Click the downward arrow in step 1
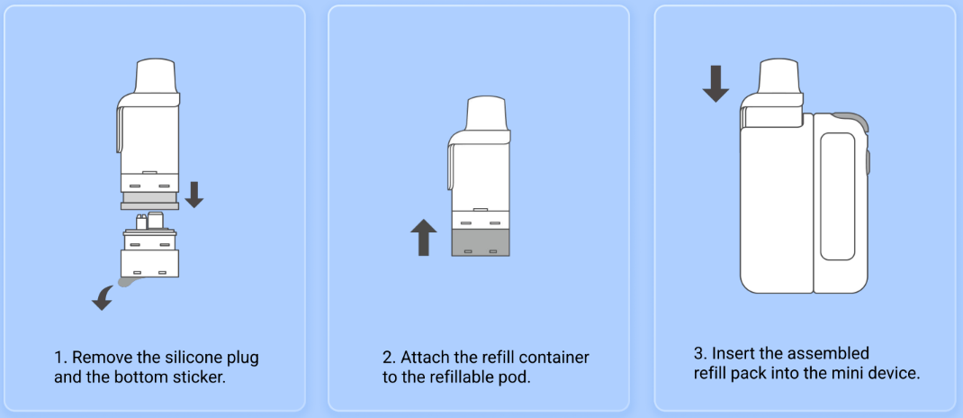click(x=194, y=195)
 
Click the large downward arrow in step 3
click(x=715, y=84)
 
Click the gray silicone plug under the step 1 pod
click(x=150, y=200)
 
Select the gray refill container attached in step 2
click(x=481, y=243)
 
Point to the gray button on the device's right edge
click(x=868, y=161)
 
